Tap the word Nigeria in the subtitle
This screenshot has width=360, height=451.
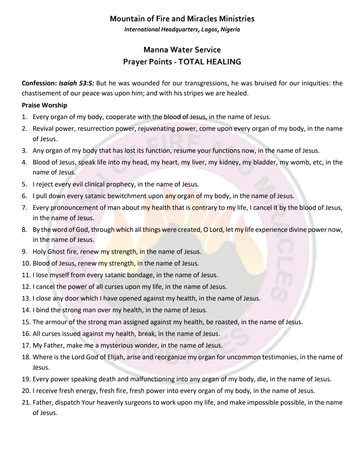[x=230, y=29]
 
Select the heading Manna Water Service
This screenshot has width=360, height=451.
[x=182, y=50]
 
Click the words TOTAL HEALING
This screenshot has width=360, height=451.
[x=210, y=62]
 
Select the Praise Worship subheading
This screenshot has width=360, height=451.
[x=44, y=105]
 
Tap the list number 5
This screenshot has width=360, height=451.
[x=24, y=184]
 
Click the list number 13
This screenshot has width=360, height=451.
[x=26, y=298]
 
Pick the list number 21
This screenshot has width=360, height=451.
[x=26, y=402]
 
